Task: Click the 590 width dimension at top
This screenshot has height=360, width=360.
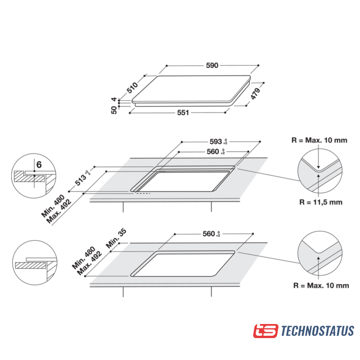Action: (x=211, y=66)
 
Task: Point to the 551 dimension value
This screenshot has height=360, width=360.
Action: (x=183, y=112)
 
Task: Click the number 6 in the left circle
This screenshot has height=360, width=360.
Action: (x=38, y=165)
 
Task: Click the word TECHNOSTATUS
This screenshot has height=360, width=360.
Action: (x=317, y=331)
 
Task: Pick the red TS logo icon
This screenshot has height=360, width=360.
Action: (x=265, y=331)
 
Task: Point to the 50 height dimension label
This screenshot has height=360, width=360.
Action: (x=114, y=110)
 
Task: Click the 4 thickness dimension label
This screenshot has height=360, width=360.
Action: (x=114, y=100)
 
